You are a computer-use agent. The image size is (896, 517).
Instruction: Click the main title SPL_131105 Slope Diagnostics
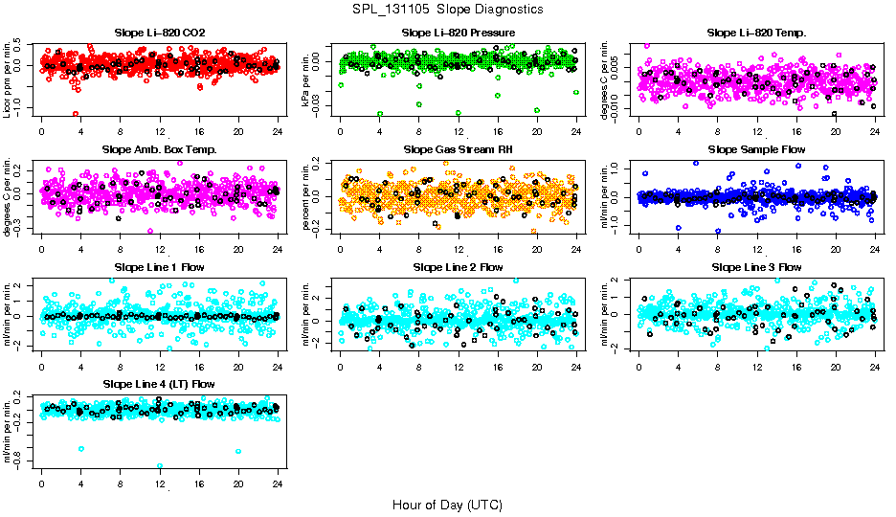click(448, 9)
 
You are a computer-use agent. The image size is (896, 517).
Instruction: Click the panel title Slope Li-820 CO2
click(160, 33)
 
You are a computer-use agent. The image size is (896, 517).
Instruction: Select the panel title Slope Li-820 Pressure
click(459, 33)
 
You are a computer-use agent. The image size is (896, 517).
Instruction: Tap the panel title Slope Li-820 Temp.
click(756, 33)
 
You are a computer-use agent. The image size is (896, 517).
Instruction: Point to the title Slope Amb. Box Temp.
click(160, 149)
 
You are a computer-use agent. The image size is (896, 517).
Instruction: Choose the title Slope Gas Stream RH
click(459, 149)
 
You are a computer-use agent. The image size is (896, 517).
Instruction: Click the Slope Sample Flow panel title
click(756, 149)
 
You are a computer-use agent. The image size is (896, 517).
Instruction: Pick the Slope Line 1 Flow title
click(160, 266)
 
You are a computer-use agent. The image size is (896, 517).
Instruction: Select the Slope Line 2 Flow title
click(459, 266)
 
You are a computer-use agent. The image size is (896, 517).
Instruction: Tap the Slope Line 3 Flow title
click(756, 266)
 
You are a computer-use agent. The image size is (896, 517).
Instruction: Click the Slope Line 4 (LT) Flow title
click(160, 384)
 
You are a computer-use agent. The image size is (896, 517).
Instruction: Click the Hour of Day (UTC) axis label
click(448, 504)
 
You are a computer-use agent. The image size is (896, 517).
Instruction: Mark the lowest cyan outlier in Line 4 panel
click(160, 466)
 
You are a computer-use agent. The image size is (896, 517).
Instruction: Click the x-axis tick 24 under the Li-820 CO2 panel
click(278, 131)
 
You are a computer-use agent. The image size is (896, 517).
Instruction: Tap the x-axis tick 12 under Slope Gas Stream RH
click(459, 249)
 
